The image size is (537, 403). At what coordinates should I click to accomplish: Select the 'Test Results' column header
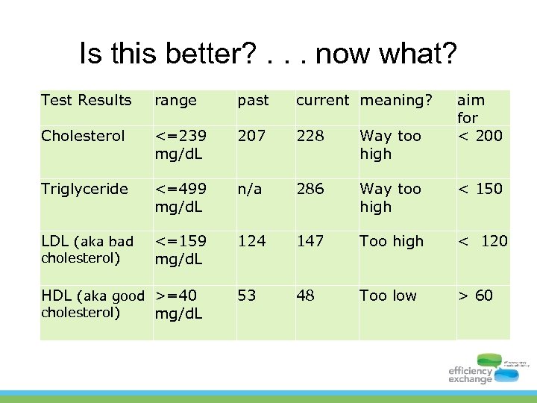point(86,100)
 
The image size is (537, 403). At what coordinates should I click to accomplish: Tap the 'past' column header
point(253,100)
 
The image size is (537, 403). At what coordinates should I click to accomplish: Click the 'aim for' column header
point(471,109)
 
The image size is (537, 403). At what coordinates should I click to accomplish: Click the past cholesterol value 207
point(252,136)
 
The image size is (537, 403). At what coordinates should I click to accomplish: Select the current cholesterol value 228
point(310,136)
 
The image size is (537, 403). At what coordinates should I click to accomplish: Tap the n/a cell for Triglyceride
point(251,189)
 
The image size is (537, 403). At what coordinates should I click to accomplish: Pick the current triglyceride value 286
point(310,189)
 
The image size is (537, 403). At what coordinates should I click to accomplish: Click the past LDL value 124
point(252,241)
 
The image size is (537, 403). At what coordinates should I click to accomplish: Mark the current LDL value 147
point(310,241)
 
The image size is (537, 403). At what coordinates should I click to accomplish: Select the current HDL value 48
point(305,296)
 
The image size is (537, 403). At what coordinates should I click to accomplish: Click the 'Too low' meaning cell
point(388,296)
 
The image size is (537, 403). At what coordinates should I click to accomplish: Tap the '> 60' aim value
point(475,296)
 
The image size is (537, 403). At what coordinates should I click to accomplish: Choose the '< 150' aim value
point(480,189)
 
